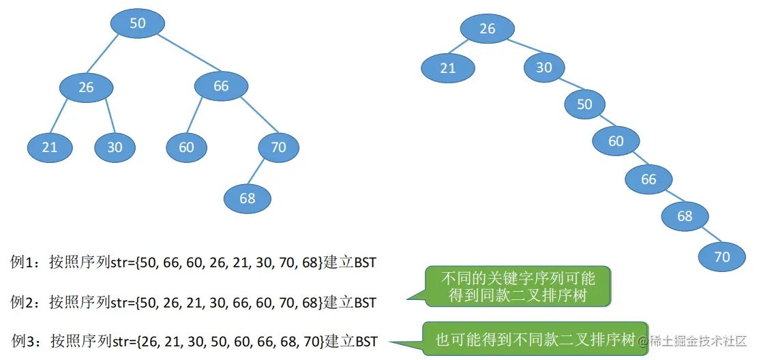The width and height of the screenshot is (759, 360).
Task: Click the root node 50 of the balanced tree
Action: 138,23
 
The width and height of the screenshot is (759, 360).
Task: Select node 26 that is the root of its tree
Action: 487,29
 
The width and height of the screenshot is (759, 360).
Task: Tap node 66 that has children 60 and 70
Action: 221,86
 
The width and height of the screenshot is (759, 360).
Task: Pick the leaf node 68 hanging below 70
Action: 248,198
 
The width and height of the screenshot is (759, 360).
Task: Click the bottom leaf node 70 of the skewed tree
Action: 722,256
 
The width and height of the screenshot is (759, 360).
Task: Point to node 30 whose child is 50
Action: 544,67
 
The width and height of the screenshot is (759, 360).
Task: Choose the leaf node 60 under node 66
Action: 186,147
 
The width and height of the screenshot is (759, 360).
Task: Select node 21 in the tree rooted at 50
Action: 50,147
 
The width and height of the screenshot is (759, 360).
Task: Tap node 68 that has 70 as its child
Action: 685,216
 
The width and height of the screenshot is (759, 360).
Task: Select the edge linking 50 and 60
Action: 599,123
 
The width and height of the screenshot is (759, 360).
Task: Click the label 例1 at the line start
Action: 25,262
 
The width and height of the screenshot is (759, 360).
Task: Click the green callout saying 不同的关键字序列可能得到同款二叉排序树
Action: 518,287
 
